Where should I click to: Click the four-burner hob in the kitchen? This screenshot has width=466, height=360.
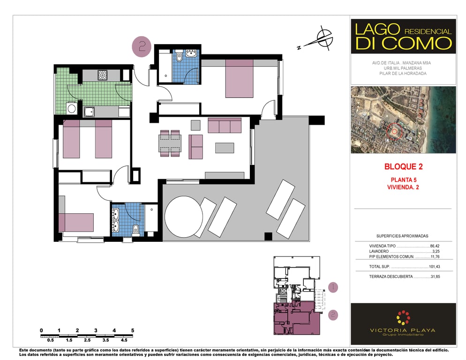pos(103,75)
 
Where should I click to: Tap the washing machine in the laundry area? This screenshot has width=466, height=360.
pos(72,108)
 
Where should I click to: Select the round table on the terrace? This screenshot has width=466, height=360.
pos(184,217)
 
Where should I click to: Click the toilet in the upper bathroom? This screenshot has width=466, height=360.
pos(179,56)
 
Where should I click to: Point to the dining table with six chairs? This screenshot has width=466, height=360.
pos(170,143)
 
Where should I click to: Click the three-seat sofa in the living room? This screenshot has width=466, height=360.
pos(225,126)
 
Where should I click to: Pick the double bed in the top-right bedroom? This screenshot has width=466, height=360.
pos(240,78)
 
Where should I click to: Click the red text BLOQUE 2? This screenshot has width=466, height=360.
pos(403,166)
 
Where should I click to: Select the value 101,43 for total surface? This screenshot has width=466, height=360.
pos(434,267)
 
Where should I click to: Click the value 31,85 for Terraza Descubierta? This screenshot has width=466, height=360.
pos(435,277)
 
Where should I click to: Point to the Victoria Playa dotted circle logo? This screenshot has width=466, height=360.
pos(403,318)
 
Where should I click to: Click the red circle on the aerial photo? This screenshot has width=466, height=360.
pos(394,131)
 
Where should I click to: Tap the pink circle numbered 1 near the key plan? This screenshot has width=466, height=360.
pos(333,287)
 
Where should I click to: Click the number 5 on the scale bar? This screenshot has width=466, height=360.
pos(133,330)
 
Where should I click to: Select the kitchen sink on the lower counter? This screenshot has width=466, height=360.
pos(89,112)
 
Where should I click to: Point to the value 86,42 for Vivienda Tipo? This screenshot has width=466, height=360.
pos(435,246)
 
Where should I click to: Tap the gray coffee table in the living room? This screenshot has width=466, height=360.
pos(225,148)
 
